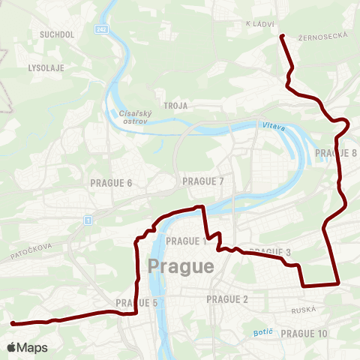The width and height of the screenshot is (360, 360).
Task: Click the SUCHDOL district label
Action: click(55, 34)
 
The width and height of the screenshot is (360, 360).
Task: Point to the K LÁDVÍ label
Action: click(261, 24)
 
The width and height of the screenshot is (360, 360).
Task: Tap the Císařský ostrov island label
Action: click(135, 117)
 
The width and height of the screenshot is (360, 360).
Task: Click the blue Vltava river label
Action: click(274, 127)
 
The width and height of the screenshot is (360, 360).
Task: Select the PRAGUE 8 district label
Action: click(336, 153)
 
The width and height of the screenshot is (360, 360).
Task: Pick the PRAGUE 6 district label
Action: click(111, 183)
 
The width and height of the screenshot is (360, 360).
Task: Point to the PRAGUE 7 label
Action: click(203, 181)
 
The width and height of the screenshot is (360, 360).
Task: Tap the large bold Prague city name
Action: click(181, 266)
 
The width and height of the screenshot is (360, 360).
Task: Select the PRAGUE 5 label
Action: click(137, 303)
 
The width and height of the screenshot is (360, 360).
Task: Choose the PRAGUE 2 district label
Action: click(226, 300)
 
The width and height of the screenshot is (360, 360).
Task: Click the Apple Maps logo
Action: click(27, 347)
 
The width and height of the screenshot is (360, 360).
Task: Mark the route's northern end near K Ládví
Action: click(282, 36)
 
